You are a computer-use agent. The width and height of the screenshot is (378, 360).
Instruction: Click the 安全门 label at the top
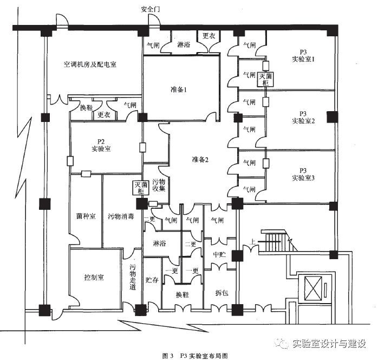click(x=150, y=9)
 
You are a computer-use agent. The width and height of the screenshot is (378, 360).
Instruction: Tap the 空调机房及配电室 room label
click(x=90, y=65)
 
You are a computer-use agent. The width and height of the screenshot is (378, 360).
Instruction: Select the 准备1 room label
click(x=179, y=89)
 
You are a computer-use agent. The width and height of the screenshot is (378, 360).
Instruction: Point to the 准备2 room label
click(x=200, y=159)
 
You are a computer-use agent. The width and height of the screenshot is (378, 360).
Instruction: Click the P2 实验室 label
click(x=101, y=145)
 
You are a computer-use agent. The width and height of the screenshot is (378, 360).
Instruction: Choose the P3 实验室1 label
click(x=303, y=56)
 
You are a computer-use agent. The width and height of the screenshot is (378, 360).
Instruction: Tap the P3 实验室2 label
click(x=303, y=117)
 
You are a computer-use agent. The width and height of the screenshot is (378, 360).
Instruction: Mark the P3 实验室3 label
click(x=303, y=174)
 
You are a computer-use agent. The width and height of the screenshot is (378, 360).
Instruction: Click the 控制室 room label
click(x=94, y=277)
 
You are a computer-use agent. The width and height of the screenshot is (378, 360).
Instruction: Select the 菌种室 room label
click(x=86, y=216)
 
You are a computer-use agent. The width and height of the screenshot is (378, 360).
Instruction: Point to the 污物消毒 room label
click(x=121, y=216)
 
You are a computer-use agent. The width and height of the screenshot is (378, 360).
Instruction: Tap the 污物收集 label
click(x=159, y=185)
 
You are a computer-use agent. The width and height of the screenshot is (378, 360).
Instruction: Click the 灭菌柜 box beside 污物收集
click(x=141, y=188)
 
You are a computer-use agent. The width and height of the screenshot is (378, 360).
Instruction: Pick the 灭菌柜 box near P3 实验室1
click(x=265, y=79)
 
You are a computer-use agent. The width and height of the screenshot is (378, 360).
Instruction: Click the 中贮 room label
click(x=219, y=254)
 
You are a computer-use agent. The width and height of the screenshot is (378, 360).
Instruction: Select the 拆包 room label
click(x=222, y=293)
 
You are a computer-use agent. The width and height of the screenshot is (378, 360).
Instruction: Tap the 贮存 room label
click(x=152, y=280)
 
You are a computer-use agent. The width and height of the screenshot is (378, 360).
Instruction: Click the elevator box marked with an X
click(x=313, y=287)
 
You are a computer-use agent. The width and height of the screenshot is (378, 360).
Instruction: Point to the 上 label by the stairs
click(x=252, y=242)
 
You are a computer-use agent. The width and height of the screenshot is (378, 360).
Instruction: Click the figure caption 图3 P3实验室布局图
click(x=195, y=356)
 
